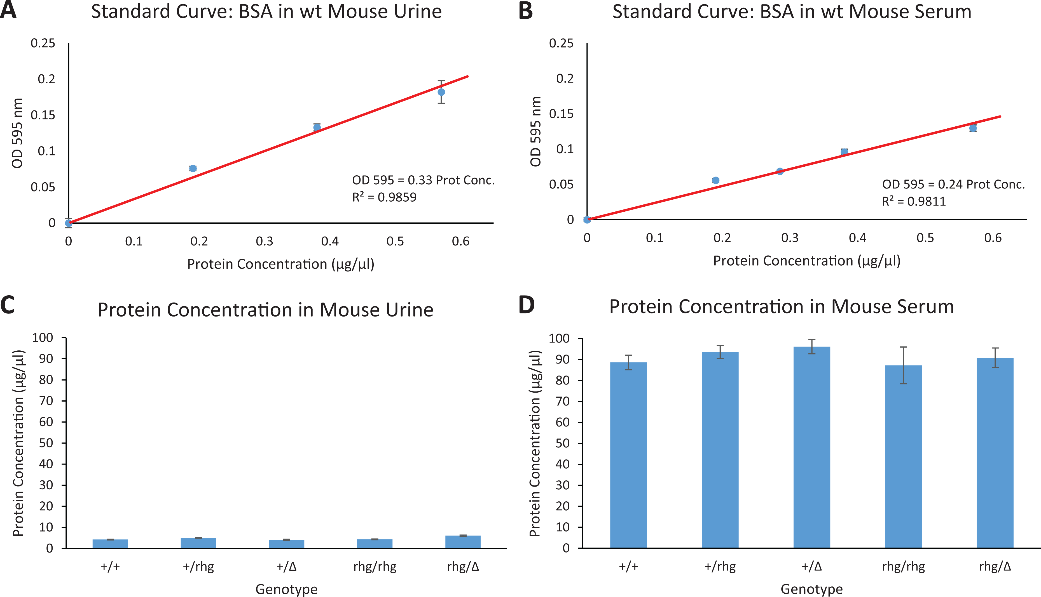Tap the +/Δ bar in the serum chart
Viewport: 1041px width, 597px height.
(x=812, y=447)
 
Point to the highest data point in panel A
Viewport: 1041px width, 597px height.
(x=441, y=92)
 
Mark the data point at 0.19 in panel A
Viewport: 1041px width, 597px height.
(x=193, y=169)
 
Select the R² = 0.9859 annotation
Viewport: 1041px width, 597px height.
(x=384, y=197)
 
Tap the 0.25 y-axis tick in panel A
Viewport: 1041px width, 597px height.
(x=43, y=43)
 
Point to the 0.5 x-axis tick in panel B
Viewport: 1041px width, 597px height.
(x=925, y=238)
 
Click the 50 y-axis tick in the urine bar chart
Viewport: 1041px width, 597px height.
(x=46, y=443)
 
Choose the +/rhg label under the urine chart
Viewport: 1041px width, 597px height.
(x=198, y=567)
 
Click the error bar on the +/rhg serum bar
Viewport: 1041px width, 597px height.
(x=720, y=352)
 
